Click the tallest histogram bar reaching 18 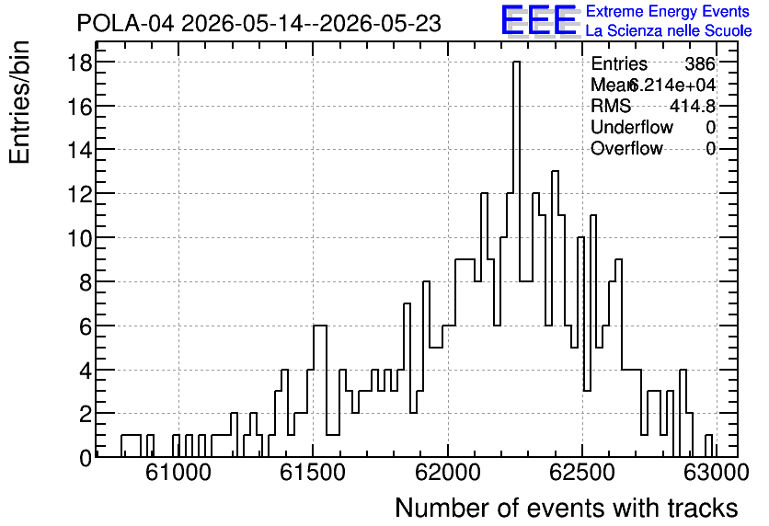pos(516,259)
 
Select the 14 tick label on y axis pos(78,150)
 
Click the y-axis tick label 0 pos(86,458)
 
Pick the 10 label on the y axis pos(78,238)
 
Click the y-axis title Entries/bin pos(19,102)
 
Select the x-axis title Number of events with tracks pos(567,509)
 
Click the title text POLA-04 pos(125,24)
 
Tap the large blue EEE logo pos(539,20)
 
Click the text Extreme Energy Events pos(668,11)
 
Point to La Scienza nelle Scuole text pos(669,31)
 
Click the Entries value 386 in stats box pos(700,63)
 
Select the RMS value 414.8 pos(693,106)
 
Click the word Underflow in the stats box pos(632,127)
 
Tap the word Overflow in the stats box pos(626,148)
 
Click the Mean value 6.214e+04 pos(672,85)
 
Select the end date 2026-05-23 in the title pos(381,24)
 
